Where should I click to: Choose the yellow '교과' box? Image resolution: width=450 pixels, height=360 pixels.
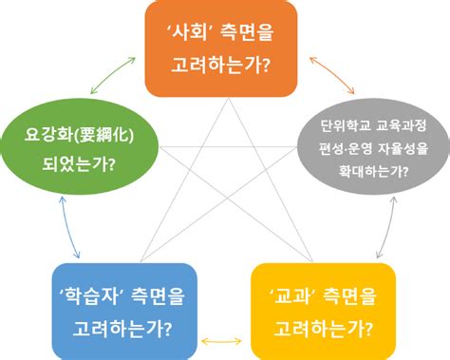coord(323,310)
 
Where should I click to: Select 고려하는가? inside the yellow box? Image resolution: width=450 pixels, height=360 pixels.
coord(323,326)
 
